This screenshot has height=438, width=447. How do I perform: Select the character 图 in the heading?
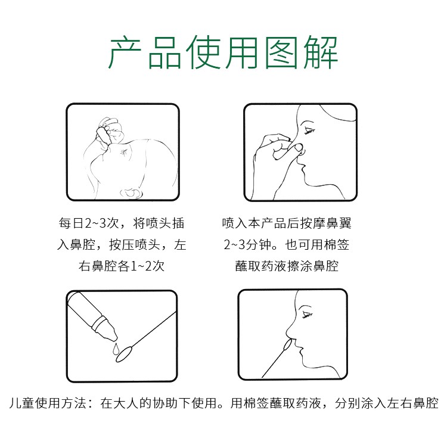click(x=281, y=52)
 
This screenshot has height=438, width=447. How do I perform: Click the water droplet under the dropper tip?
click(x=114, y=349)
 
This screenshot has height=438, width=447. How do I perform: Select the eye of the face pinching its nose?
click(x=309, y=131)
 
